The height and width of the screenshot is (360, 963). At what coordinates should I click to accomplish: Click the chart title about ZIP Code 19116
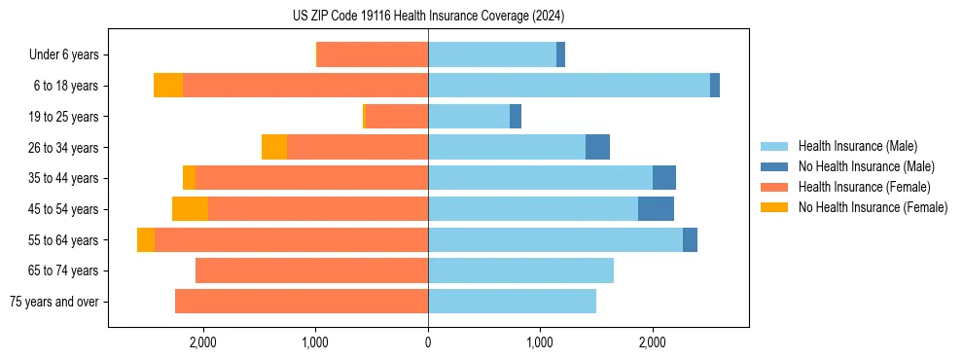tap(428, 17)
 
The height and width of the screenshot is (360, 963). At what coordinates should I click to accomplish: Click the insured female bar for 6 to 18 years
tap(305, 86)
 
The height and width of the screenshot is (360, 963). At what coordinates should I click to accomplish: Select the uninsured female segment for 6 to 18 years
tap(168, 86)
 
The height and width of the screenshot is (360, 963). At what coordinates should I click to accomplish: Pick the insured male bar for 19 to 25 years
tap(469, 117)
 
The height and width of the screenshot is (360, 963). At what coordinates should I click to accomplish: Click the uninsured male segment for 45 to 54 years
tap(656, 209)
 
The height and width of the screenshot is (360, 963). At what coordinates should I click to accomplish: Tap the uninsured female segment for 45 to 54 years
tap(190, 209)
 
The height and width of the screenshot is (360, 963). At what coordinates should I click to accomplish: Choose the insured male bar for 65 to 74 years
tap(520, 270)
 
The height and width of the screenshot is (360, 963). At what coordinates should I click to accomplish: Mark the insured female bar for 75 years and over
tap(302, 302)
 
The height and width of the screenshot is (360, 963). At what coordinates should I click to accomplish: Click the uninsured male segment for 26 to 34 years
tap(597, 147)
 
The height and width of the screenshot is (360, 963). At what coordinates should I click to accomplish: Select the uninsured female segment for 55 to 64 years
tap(146, 240)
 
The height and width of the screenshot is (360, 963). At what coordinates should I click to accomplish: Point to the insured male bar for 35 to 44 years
tap(540, 178)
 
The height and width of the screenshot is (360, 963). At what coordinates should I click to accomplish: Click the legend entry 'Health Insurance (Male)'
tap(857, 146)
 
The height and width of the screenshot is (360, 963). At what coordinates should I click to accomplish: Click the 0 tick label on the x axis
tap(428, 342)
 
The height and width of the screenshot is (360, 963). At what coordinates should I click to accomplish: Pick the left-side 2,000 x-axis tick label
tap(203, 342)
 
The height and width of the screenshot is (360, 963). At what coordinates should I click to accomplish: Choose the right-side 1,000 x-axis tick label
tap(540, 342)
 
